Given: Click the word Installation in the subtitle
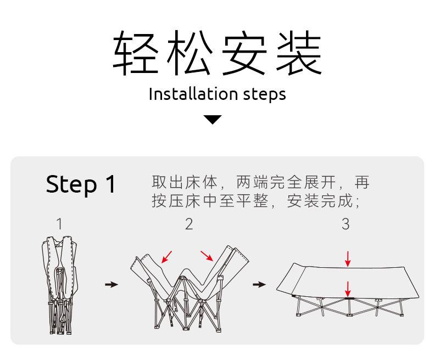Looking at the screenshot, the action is tap(187, 94).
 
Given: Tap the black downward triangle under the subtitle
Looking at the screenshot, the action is tap(213, 119).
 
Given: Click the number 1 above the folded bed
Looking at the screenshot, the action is tap(59, 224).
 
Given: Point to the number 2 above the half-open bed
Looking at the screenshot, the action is tap(189, 224).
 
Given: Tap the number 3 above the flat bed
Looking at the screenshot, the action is tap(345, 224).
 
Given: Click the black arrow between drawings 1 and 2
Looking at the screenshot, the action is tap(112, 284).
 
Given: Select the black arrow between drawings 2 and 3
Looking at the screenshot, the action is tap(259, 284).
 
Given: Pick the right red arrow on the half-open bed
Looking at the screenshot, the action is tap(207, 256).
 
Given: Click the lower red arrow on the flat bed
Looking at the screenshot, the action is tap(348, 289).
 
